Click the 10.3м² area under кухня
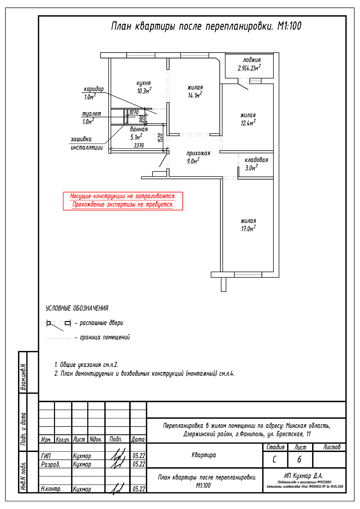[x=144, y=91]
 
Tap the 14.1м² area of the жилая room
[x=195, y=95]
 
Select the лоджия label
[x=252, y=60]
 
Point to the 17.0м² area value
[x=248, y=229]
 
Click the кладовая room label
[x=256, y=160]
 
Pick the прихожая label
[x=198, y=153]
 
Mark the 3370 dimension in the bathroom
[x=139, y=146]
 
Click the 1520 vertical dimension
[x=161, y=137]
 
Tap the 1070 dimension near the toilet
[x=134, y=112]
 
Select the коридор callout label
[x=94, y=89]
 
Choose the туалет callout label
[x=92, y=114]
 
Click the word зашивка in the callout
[x=81, y=139]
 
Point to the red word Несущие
[x=81, y=196]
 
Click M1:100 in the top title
[x=289, y=26]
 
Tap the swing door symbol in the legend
[x=59, y=323]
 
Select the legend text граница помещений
[x=105, y=337]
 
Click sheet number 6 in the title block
[x=299, y=459]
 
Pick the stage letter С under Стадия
[x=274, y=459]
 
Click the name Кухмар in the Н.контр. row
[x=82, y=489]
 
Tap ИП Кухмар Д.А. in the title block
[x=303, y=476]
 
